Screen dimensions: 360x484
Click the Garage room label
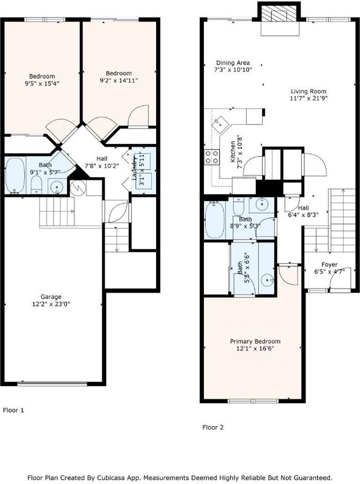pyautogui.click(x=51, y=296)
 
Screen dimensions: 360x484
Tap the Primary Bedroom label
pyautogui.click(x=255, y=341)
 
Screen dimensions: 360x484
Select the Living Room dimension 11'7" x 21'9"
pyautogui.click(x=309, y=99)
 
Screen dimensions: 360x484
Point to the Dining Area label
pyautogui.click(x=233, y=63)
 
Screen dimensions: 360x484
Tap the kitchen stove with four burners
pyautogui.click(x=212, y=157)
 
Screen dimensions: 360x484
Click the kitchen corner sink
pyautogui.click(x=221, y=123)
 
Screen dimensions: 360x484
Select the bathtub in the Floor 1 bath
pyautogui.click(x=15, y=176)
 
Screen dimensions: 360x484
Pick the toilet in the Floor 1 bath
pyautogui.click(x=36, y=185)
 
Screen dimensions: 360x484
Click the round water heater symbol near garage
pyautogui.click(x=77, y=188)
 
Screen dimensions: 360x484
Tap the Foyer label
pyautogui.click(x=329, y=264)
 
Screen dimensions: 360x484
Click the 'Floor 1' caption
pyautogui.click(x=13, y=410)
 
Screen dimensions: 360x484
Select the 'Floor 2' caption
pyautogui.click(x=213, y=428)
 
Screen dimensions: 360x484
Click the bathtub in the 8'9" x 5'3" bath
pyautogui.click(x=215, y=220)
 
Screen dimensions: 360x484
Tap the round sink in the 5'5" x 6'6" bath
pyautogui.click(x=267, y=281)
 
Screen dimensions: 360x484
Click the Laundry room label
pyautogui.click(x=134, y=168)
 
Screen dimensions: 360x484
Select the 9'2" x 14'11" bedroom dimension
pyautogui.click(x=119, y=80)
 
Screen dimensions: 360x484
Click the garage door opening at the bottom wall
pyautogui.click(x=52, y=384)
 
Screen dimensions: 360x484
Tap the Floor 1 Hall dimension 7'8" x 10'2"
pyautogui.click(x=102, y=166)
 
